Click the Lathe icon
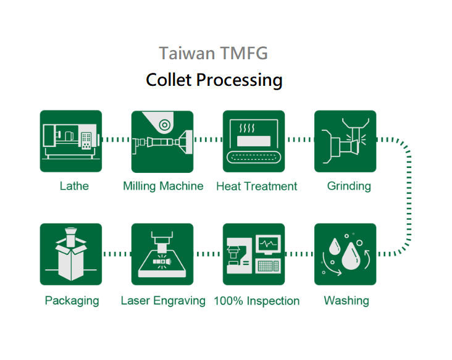click(70, 141)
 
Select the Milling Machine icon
click(162, 141)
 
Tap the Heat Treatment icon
click(254, 141)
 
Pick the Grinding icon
click(345, 141)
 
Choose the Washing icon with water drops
click(345, 254)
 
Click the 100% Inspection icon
click(254, 254)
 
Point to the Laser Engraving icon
click(162, 254)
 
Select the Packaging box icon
click(70, 254)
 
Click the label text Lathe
click(74, 186)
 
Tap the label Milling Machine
click(163, 186)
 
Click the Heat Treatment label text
click(256, 186)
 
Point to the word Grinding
click(349, 186)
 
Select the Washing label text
click(346, 301)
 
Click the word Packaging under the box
click(72, 301)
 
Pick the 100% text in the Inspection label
click(228, 301)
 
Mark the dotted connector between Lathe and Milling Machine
click(116, 140)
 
